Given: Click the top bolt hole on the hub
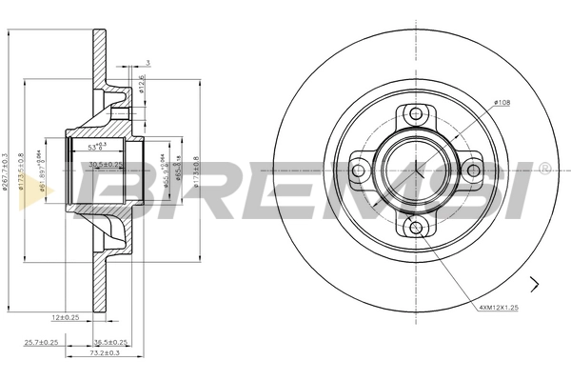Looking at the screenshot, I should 415,115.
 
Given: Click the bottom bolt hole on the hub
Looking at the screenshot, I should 415,226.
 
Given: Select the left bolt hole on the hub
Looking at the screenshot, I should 359,171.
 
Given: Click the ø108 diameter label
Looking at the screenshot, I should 503,101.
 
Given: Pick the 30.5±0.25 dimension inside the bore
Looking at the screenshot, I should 104,164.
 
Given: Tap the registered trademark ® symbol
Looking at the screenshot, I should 543,169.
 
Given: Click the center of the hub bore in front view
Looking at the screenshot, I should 415,170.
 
